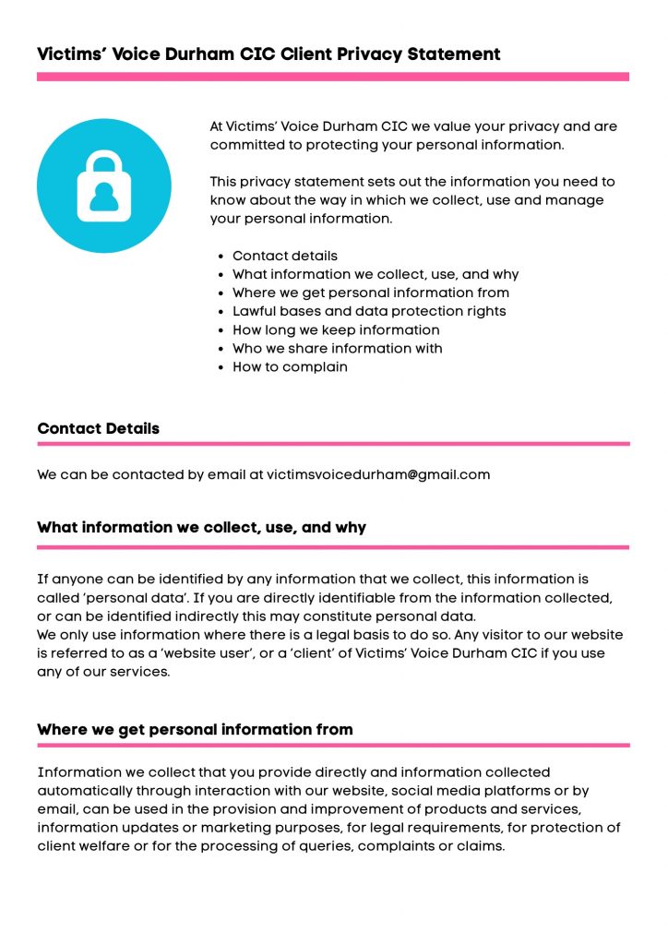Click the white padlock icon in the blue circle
tap(103, 185)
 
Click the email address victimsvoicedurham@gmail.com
tap(378, 474)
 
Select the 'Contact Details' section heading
tap(98, 428)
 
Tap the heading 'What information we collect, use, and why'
tap(201, 527)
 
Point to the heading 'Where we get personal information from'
tap(195, 729)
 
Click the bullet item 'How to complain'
tap(290, 366)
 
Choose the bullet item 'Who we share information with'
tap(337, 348)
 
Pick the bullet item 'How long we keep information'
tap(336, 329)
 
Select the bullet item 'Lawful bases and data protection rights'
tap(369, 311)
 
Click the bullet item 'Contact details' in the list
tap(285, 256)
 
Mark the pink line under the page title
tap(333, 78)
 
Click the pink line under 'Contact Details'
tap(333, 444)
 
